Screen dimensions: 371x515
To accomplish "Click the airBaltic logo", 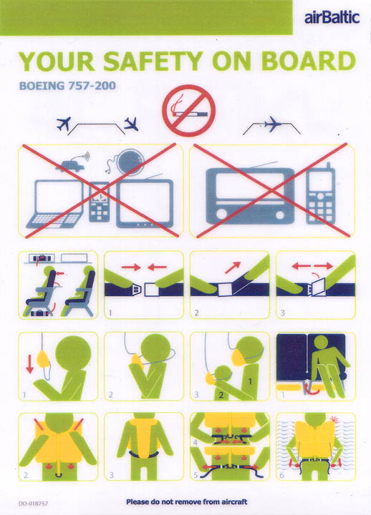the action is coord(332,17).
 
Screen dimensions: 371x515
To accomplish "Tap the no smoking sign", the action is coord(189,111).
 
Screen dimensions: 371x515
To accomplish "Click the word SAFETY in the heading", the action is coord(153,62).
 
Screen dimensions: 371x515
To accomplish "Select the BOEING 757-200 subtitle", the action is coord(67,86).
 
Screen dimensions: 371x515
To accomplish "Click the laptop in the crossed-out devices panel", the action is coord(56,204).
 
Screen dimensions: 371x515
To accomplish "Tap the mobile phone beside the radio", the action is coord(320,195).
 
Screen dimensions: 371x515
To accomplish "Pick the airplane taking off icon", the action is coord(64,124).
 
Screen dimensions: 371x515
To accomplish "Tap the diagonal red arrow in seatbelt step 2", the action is coord(233,268).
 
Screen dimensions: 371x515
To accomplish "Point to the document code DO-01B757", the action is coord(33,503).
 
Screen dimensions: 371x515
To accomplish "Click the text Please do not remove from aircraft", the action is coord(186,501).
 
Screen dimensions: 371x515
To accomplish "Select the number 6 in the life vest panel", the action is coord(282,475).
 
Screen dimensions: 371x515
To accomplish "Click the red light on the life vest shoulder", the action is coord(334,419).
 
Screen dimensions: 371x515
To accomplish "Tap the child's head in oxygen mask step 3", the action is coord(223,374).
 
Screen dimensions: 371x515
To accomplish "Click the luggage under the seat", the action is coord(40,313).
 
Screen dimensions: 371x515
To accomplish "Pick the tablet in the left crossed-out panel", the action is coord(145,204).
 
